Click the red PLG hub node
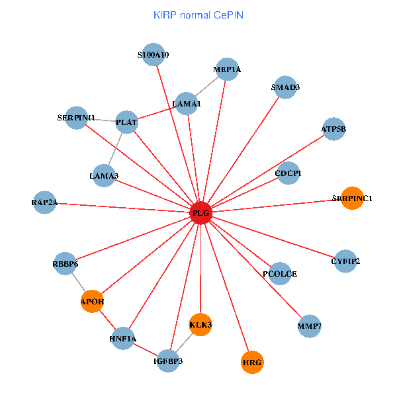(200, 213)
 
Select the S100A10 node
(154, 56)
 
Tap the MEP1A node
(228, 69)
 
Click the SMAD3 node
(285, 87)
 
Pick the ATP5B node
(333, 129)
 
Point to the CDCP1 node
(288, 173)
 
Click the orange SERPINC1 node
(352, 198)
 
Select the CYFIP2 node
(345, 261)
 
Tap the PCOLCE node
(281, 273)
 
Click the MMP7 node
(310, 326)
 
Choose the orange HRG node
(252, 363)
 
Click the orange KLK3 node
(200, 324)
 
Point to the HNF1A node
(123, 339)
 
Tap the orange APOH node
(93, 302)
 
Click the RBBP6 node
(66, 264)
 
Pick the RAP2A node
(45, 202)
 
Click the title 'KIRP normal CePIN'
(198, 14)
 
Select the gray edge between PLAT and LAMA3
(116, 149)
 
